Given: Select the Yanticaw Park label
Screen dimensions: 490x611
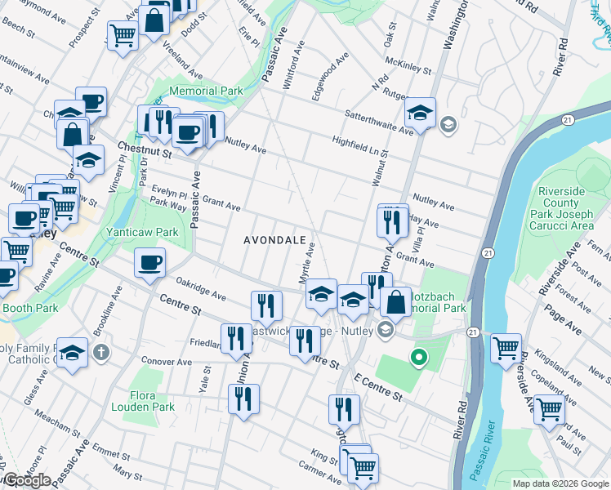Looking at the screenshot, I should tap(142, 232).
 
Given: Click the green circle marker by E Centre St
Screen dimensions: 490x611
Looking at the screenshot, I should tap(420, 357).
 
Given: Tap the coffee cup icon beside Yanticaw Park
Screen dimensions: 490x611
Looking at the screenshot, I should tap(149, 263).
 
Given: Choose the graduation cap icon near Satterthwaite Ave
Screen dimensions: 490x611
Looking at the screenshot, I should tap(420, 114).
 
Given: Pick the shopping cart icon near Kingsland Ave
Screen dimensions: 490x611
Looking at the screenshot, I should tap(506, 349).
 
